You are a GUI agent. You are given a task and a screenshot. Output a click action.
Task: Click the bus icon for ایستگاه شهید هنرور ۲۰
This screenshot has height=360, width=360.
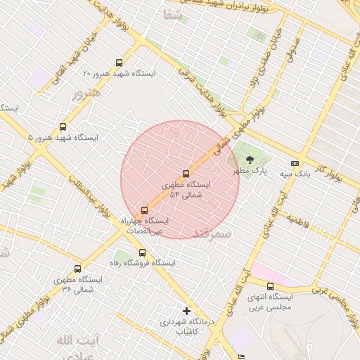coord(118,63)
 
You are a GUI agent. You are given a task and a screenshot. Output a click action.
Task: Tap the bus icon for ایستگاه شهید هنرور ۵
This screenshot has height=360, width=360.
coord(63,127)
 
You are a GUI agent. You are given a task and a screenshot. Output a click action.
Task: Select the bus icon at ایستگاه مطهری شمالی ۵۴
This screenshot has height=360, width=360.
coord(186,174)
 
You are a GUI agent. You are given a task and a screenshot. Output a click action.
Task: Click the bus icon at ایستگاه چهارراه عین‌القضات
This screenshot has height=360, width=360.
coord(145,210)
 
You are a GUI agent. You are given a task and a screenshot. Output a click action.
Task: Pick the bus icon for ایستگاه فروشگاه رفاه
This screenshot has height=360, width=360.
coord(143,252)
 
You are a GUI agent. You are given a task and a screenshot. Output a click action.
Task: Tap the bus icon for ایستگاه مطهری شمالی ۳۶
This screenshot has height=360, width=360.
coord(77,269)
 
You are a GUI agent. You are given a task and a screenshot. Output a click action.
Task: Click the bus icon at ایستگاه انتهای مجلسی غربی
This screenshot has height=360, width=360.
coord(271,286)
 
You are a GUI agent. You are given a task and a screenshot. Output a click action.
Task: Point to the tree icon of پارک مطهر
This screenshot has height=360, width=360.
coord(251,161)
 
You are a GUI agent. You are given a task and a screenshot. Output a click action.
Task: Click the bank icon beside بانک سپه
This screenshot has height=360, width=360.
coord(294,163)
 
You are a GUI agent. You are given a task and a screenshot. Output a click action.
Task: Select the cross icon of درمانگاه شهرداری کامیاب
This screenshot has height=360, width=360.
coord(186,310)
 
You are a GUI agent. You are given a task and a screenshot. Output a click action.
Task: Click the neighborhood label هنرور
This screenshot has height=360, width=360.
coord(86,92)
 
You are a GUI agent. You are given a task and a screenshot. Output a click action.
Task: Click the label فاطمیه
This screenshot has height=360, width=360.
coord(298,219)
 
